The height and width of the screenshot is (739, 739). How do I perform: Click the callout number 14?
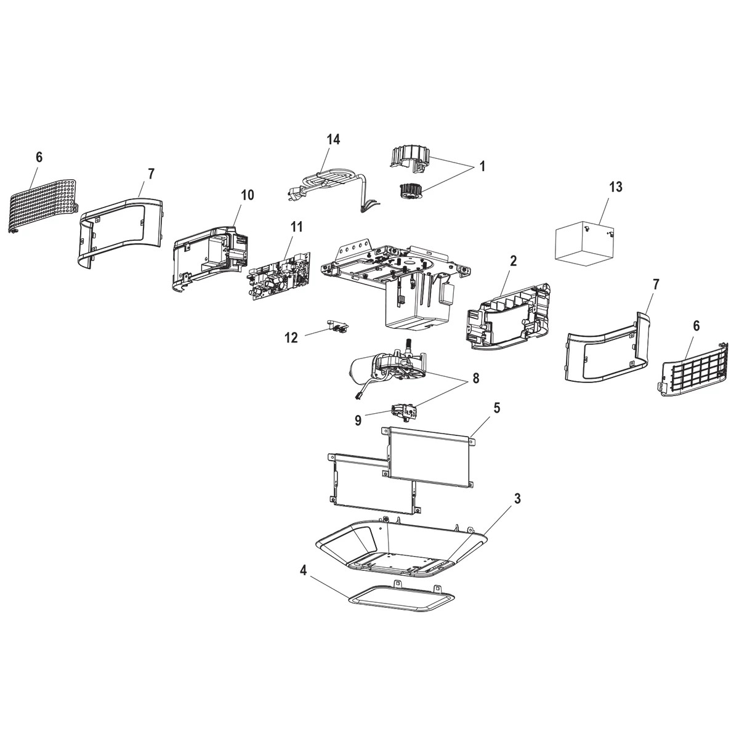tap(333, 140)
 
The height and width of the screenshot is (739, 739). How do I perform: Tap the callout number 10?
tap(246, 195)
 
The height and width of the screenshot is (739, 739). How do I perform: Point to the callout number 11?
tap(296, 227)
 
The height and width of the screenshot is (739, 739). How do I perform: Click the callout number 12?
tap(291, 337)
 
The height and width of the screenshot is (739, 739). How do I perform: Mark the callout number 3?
tap(517, 499)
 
